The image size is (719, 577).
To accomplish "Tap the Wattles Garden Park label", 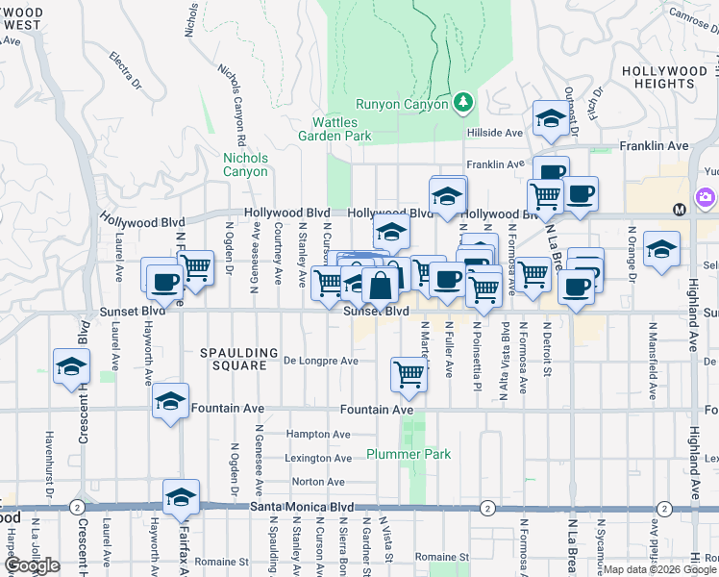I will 340,129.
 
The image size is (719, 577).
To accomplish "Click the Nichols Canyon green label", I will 245,164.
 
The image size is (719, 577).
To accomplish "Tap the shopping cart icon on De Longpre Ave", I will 409,373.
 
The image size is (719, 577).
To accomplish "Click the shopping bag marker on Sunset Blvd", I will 381,286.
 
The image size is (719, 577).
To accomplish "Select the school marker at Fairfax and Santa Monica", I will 181,496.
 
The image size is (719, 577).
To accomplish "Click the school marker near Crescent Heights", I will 69,366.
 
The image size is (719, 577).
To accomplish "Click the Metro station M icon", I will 679,209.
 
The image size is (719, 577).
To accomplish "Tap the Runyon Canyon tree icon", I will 463,101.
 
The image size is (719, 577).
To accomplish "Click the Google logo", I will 33,565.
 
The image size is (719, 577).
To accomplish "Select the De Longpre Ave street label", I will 321,362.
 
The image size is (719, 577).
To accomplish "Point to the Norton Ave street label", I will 318,482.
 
